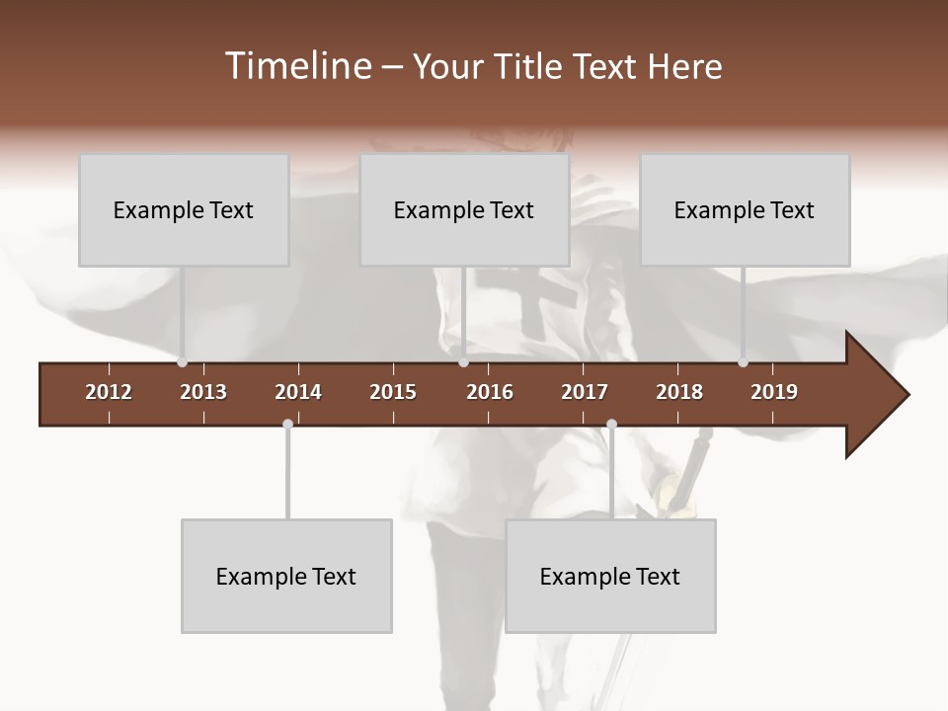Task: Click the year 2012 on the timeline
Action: (109, 392)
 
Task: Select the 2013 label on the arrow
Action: (203, 392)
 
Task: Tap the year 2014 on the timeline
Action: (298, 392)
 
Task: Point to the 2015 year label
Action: (393, 392)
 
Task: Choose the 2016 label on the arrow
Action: (490, 392)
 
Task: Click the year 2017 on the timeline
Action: (585, 392)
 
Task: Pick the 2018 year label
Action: (679, 392)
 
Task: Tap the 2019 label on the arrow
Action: (774, 392)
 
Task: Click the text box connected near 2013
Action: (184, 210)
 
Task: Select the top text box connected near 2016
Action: (464, 210)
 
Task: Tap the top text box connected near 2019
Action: (745, 210)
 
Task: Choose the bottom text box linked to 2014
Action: (286, 577)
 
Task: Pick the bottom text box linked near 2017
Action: (610, 577)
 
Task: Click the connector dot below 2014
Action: (287, 424)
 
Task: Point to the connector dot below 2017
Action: (611, 424)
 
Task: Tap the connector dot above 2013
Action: (182, 362)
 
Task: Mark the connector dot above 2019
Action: (743, 362)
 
